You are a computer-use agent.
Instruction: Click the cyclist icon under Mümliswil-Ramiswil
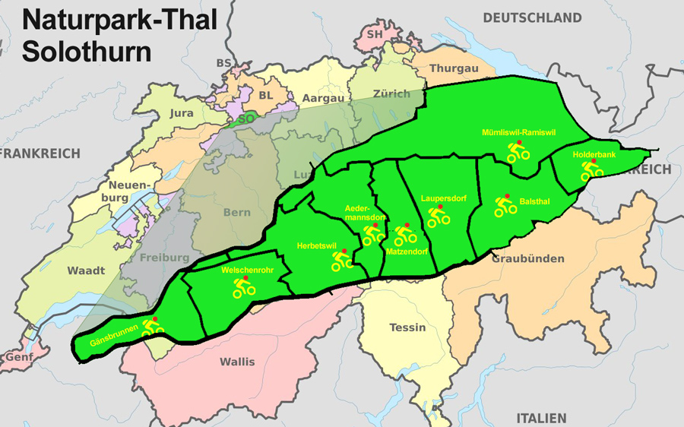518,153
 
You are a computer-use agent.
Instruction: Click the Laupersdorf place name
443,198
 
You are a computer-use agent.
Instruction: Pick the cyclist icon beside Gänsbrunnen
153,327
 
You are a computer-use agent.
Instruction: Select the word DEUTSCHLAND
532,17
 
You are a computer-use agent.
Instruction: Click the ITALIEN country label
541,418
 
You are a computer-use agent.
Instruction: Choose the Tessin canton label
407,327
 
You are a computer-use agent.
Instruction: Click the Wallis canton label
237,361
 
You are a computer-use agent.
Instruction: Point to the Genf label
19,356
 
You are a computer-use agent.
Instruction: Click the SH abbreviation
374,34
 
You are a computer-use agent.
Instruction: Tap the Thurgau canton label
454,68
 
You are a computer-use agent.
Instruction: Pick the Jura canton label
176,113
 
